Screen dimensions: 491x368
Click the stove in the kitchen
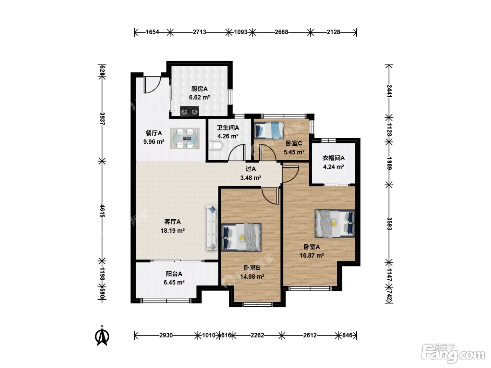coord(189,111)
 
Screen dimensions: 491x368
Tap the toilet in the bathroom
coord(216,146)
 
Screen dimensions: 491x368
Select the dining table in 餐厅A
coord(185,138)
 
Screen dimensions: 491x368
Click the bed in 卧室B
coord(241,237)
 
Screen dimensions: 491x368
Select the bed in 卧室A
coord(335,223)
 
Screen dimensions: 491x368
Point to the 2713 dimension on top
coord(199,32)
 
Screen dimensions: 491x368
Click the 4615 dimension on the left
coord(102,211)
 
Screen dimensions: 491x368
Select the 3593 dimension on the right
coord(389,224)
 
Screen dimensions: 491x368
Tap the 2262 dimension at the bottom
coord(257,335)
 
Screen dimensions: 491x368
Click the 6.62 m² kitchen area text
coord(199,97)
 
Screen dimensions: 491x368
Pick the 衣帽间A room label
coord(333,158)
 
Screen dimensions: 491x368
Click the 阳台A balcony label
coord(174,274)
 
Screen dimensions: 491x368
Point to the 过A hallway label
coord(250,169)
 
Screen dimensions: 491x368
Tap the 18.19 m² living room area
coord(173,230)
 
